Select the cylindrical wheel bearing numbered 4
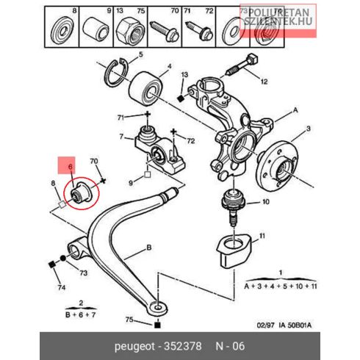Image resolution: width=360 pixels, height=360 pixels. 145,89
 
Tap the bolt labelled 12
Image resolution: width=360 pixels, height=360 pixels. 242,65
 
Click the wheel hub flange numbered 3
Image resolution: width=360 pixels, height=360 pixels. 278,165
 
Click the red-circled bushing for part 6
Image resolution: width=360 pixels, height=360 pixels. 82,193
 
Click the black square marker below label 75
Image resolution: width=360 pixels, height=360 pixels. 157,325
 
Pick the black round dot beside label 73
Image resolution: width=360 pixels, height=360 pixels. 63,258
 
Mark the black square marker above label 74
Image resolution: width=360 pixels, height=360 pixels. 51,264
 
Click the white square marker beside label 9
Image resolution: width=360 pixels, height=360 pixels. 147,175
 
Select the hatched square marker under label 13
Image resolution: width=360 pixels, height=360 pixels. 181,98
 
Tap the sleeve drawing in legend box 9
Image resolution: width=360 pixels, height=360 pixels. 96,29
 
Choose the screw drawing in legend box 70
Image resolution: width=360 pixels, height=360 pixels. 165,32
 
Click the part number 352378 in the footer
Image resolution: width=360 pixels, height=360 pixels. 183,346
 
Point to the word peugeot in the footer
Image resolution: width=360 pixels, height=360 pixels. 134,347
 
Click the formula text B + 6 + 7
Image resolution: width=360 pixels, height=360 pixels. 81,314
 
